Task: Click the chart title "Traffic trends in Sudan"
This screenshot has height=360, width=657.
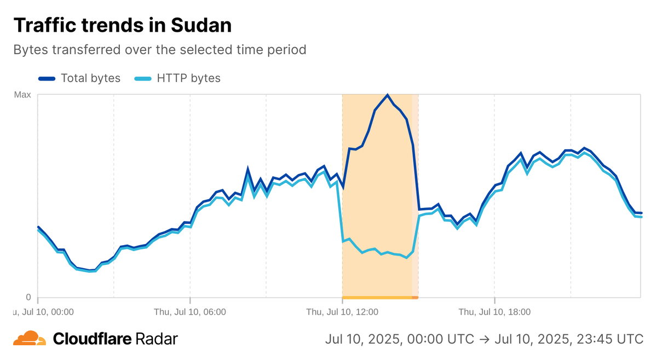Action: tap(122, 25)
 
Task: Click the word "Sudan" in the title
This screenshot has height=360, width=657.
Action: tap(201, 25)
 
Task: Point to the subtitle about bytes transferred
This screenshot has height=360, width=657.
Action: tap(159, 50)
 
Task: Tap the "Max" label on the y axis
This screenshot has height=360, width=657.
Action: tap(22, 95)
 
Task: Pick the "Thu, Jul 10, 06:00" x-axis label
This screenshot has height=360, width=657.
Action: tap(190, 312)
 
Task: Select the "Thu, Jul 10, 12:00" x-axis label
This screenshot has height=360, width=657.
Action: tap(342, 312)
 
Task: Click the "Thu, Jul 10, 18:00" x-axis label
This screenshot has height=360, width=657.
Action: tap(494, 312)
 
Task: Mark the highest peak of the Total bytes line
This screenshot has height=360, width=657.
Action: tap(388, 95)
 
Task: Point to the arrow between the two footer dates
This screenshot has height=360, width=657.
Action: tap(484, 339)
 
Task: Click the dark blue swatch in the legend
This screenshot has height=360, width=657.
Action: tap(47, 78)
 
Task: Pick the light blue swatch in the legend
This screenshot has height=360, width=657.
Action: tap(143, 78)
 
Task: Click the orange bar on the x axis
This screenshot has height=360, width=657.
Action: tap(380, 298)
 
